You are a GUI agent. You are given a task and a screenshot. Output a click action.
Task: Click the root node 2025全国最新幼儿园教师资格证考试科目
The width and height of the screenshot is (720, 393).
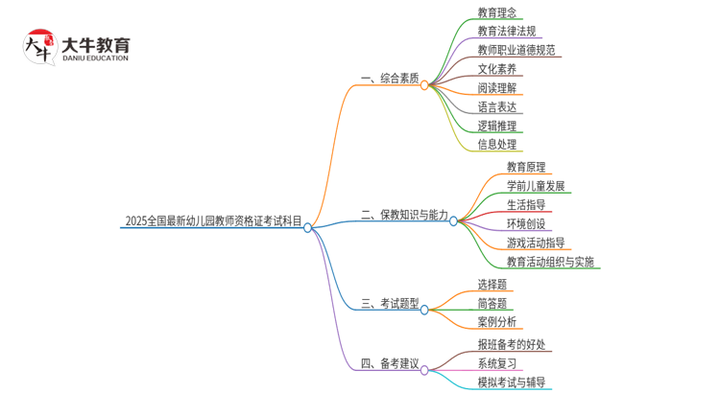(x=212, y=221)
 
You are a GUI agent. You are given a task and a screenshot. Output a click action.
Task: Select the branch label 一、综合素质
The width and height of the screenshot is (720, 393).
(x=390, y=79)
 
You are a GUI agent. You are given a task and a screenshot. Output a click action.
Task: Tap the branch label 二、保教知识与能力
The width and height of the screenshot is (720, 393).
(x=404, y=216)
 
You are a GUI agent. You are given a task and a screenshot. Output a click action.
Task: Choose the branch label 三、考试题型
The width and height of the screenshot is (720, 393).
(x=390, y=304)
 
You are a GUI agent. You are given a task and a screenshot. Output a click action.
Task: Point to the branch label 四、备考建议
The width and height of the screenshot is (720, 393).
(x=390, y=363)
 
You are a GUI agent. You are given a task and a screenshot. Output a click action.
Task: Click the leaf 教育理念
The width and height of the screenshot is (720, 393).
(x=496, y=13)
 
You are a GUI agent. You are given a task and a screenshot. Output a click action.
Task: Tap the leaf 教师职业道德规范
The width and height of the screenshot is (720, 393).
(x=516, y=50)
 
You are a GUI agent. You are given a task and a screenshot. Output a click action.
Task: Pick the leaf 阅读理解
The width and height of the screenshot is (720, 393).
(x=496, y=87)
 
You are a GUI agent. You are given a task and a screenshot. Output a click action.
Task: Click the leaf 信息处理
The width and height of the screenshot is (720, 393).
(x=496, y=145)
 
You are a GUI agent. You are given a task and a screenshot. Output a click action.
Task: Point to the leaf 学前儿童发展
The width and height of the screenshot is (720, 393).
(x=536, y=186)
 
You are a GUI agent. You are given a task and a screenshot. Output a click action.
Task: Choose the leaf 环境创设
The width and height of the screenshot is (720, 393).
(x=526, y=223)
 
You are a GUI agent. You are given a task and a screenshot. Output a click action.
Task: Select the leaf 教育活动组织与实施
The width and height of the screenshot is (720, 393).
(x=550, y=262)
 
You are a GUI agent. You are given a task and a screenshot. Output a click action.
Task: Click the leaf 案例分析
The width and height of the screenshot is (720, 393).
(x=496, y=322)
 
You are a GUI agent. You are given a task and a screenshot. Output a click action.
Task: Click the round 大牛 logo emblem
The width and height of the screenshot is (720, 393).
(x=38, y=47)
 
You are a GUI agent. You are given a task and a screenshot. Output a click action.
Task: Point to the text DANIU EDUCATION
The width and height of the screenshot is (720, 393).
(x=94, y=58)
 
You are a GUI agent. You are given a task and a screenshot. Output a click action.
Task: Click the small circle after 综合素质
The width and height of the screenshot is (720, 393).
(x=424, y=85)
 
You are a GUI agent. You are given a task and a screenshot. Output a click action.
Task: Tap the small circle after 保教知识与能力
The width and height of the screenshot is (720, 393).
(x=454, y=221)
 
